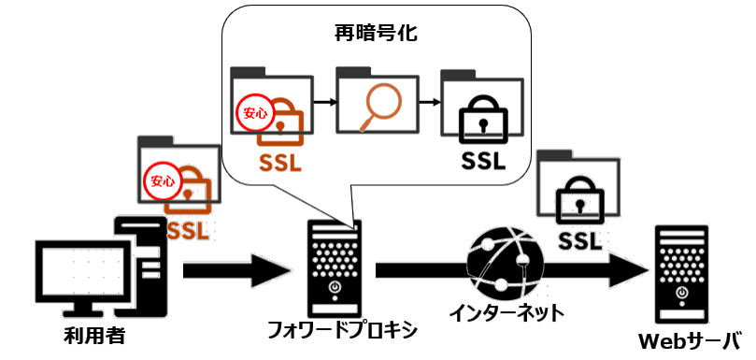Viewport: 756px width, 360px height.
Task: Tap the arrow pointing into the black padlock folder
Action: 430,99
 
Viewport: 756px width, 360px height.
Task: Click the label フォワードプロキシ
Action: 342,331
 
